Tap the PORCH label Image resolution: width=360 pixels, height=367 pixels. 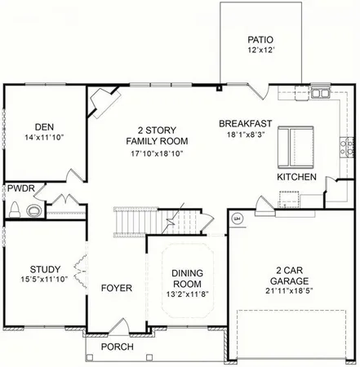(118, 347)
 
